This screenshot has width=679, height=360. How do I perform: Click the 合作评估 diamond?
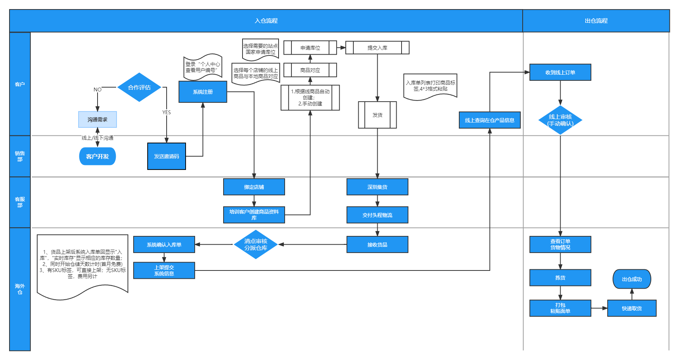tap(139, 87)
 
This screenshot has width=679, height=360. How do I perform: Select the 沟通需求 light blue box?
tap(98, 119)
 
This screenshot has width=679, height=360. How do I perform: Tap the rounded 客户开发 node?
tap(98, 156)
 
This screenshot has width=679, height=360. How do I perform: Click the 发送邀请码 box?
tap(167, 156)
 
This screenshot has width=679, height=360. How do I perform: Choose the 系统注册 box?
tap(203, 92)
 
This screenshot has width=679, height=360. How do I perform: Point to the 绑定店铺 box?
tap(254, 187)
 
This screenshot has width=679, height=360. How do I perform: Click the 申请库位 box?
tap(310, 48)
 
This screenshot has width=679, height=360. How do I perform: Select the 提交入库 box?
tap(377, 48)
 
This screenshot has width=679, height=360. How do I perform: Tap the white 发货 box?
tap(377, 115)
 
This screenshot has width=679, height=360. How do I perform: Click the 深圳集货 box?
tap(377, 187)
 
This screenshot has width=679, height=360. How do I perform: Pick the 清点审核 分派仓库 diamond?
tap(256, 245)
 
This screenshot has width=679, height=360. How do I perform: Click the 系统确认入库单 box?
tap(164, 245)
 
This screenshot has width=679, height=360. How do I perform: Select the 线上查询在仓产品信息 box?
tap(490, 120)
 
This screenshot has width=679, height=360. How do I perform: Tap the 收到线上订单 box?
tap(560, 72)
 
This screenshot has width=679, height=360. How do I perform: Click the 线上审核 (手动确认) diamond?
tap(560, 120)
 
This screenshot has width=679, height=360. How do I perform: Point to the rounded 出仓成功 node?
tap(632, 279)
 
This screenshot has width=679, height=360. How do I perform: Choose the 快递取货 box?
tap(632, 308)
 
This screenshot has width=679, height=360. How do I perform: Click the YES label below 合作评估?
tap(167, 112)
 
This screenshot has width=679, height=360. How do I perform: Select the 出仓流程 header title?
tap(596, 21)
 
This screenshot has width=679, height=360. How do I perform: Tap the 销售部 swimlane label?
tap(20, 156)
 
